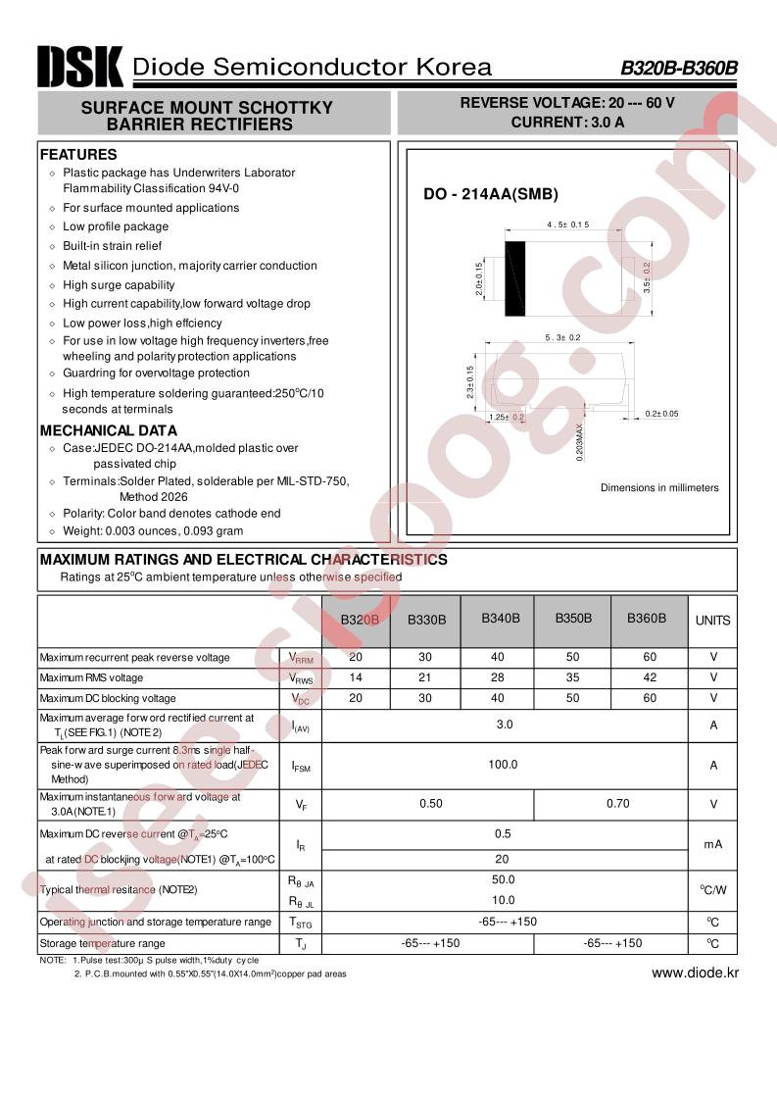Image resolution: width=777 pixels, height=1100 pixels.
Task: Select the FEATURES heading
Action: (x=78, y=154)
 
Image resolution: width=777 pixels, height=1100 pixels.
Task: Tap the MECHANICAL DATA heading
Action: (x=109, y=430)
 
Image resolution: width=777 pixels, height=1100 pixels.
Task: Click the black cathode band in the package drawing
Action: (x=515, y=278)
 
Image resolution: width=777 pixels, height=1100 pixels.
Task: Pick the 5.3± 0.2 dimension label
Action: (x=563, y=337)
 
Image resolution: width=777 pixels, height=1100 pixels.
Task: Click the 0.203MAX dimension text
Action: (x=580, y=442)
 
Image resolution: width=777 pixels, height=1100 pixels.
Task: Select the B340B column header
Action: (x=501, y=619)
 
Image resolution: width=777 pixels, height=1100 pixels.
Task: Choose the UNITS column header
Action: (x=712, y=620)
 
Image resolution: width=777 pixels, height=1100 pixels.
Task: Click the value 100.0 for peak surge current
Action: (x=504, y=765)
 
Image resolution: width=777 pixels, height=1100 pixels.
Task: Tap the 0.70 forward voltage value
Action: (x=617, y=804)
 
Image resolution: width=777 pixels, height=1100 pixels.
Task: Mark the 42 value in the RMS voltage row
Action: (x=651, y=677)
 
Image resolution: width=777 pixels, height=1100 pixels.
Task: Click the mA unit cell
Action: (x=712, y=844)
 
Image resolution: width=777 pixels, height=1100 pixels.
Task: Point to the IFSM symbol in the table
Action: (x=301, y=766)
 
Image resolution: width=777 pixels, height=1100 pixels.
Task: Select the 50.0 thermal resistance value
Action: (x=504, y=880)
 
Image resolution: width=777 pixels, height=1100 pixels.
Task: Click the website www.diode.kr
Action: (x=695, y=973)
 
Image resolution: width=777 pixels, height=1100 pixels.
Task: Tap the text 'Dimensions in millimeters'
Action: (x=659, y=487)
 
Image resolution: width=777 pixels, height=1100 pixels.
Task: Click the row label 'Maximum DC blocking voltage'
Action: (x=108, y=698)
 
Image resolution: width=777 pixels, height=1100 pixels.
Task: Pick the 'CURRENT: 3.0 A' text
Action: (x=567, y=123)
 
